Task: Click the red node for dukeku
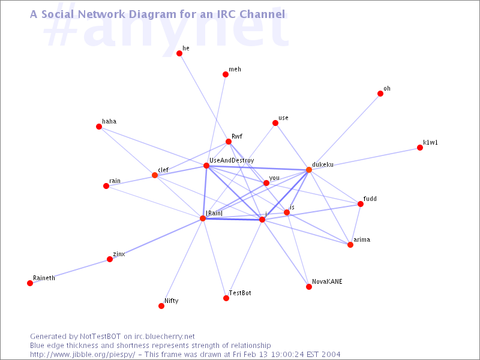click(309, 170)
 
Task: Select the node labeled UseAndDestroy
click(206, 166)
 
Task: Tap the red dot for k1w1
click(420, 148)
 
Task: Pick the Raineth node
click(30, 283)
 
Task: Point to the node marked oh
click(380, 94)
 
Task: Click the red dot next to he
click(179, 53)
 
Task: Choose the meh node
click(226, 74)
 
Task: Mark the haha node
click(99, 127)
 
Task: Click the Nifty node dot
click(161, 306)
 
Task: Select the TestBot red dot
click(226, 298)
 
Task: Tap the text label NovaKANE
click(327, 281)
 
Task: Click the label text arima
click(362, 239)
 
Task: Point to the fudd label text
click(370, 199)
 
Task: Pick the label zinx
click(119, 254)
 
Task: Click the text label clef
click(163, 170)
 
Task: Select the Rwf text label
click(237, 136)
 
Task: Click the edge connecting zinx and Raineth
click(70, 271)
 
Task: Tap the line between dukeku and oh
click(344, 131)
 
